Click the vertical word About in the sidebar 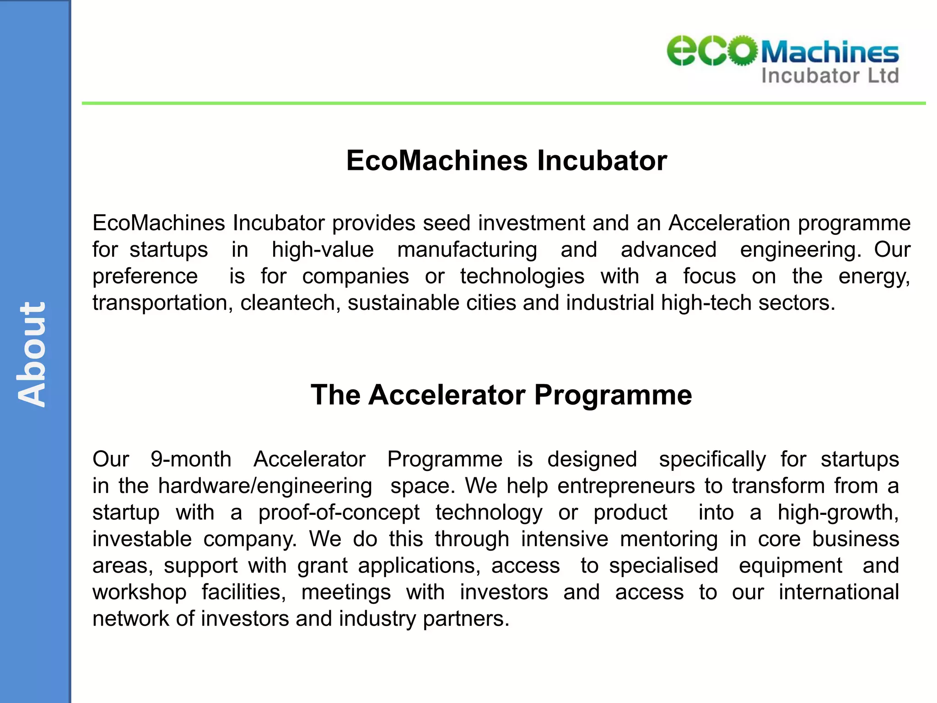tap(32, 354)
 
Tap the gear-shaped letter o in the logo tap(742, 50)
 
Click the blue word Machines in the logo tap(829, 52)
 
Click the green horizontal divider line tap(503, 103)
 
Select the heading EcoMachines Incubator tap(506, 161)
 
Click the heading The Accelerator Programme tap(501, 395)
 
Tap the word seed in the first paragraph tap(447, 223)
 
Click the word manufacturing tap(467, 250)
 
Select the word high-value tap(323, 250)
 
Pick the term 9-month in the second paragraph tap(191, 459)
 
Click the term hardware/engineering tap(265, 486)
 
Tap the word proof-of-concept tap(339, 513)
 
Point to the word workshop tap(140, 592)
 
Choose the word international tap(839, 592)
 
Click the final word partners tap(465, 619)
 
